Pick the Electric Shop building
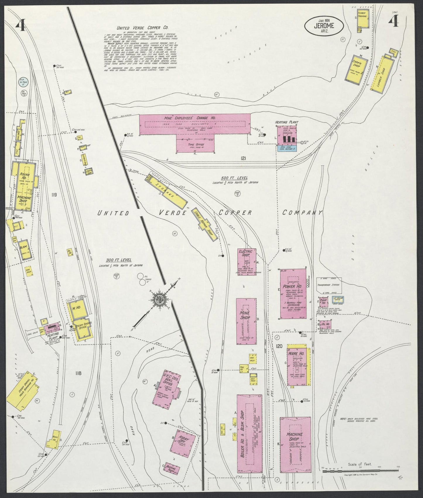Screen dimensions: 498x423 (247, 260)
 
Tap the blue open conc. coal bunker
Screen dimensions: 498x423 (287, 148)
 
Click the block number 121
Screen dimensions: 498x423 (243, 158)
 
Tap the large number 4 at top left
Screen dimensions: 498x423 (20, 26)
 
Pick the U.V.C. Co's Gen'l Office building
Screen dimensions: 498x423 (167, 389)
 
